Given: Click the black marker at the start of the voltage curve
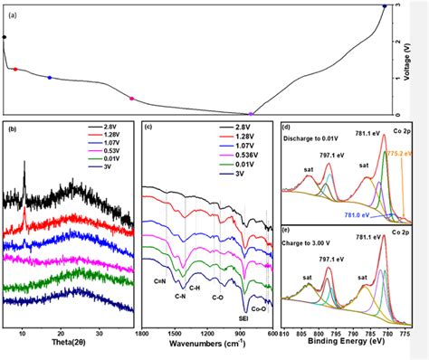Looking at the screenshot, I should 5,37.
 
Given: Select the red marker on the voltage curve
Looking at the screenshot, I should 14,69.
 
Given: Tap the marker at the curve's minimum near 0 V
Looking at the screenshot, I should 251,114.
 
